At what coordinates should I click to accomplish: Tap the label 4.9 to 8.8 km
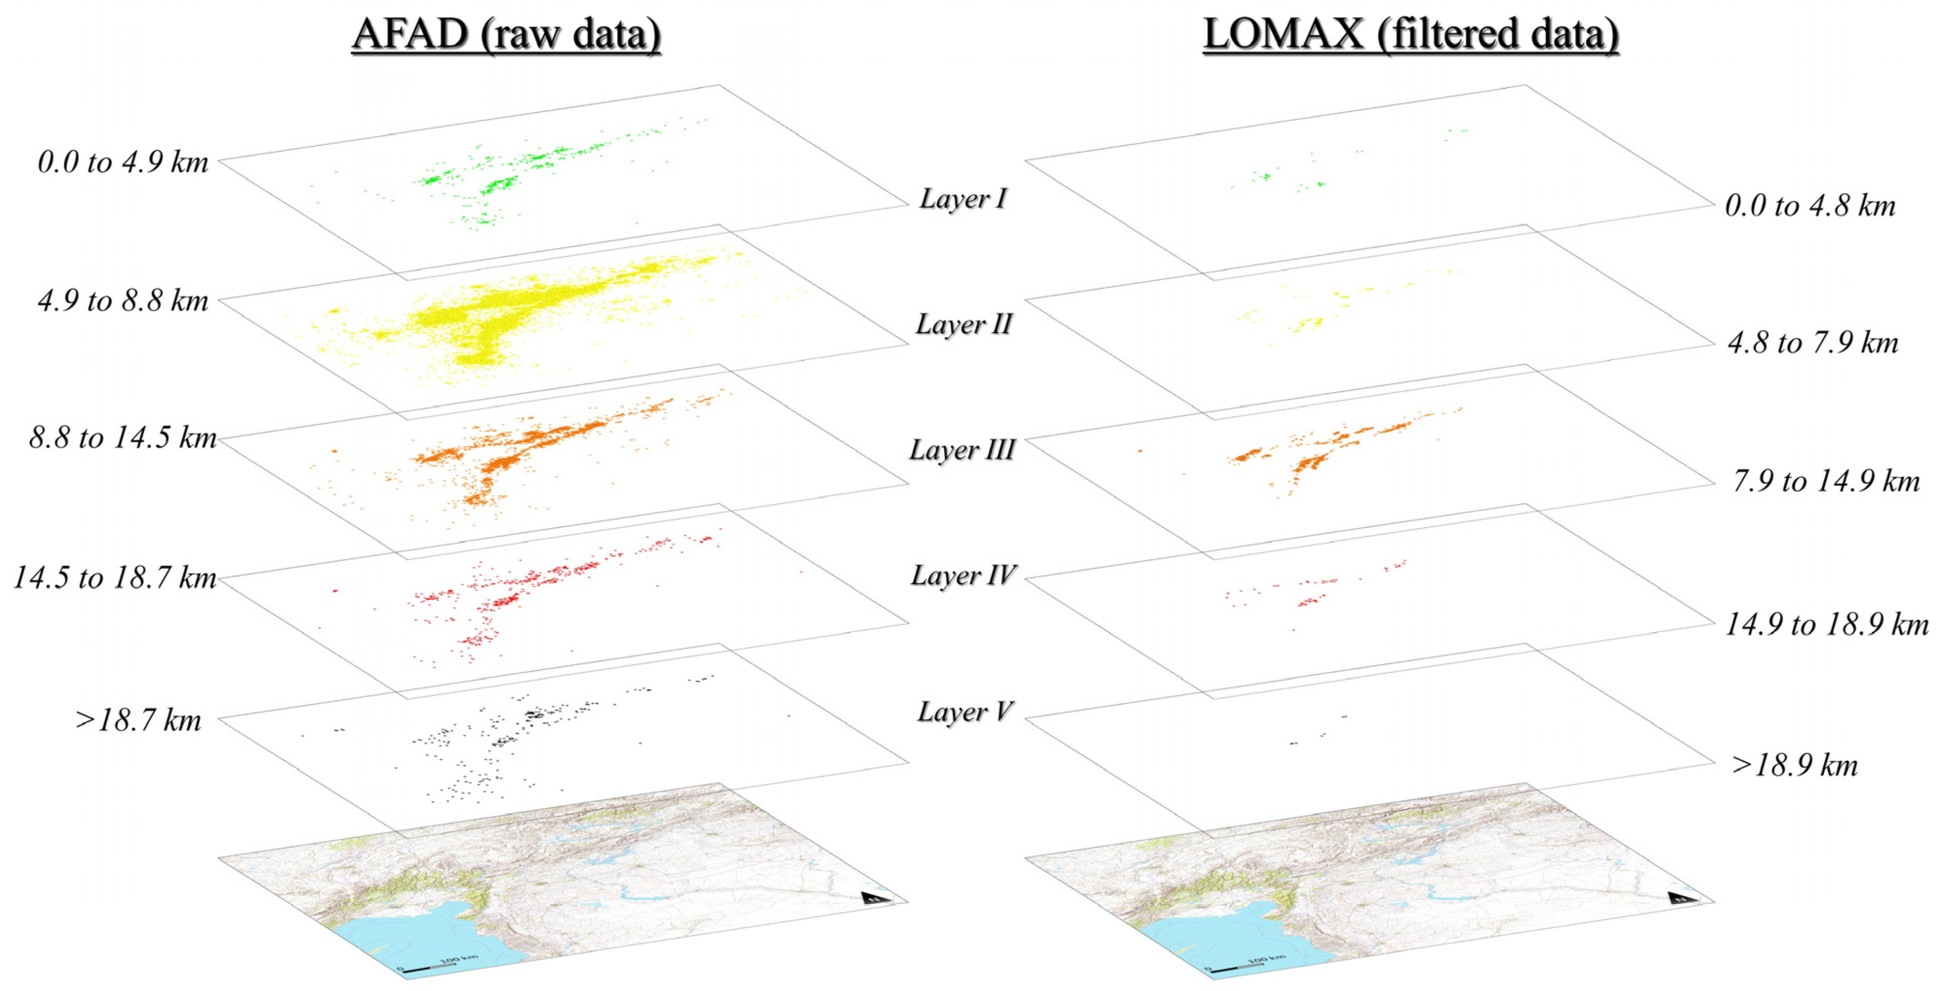click(x=122, y=301)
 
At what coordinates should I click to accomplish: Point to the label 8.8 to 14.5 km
click(x=122, y=437)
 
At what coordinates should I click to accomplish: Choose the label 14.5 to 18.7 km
click(x=115, y=577)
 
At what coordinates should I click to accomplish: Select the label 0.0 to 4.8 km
click(x=1809, y=206)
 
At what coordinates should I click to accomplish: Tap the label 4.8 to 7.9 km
click(x=1812, y=343)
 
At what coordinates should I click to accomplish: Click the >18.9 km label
click(x=1794, y=765)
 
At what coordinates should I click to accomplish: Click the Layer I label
click(x=963, y=198)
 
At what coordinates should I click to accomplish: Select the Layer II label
click(x=963, y=324)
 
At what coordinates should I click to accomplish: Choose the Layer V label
click(x=964, y=711)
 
